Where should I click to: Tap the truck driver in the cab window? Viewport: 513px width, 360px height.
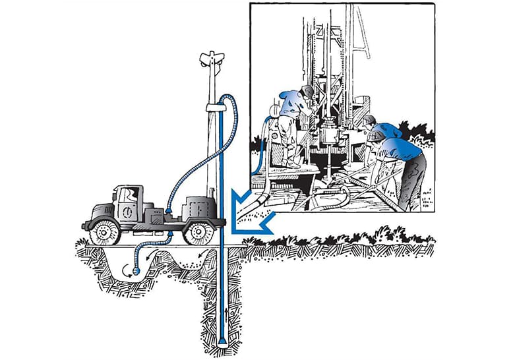(x=133, y=196)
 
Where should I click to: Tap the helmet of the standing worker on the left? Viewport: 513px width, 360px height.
(x=307, y=91)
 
